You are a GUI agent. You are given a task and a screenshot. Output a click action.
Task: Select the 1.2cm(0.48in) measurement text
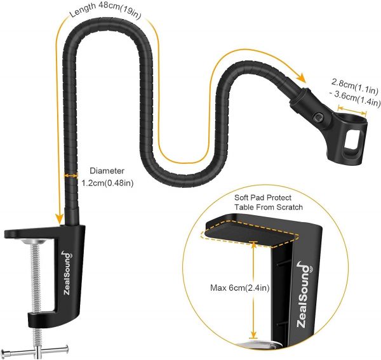(x=108, y=183)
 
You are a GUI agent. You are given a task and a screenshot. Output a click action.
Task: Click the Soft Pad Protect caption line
(x=269, y=197)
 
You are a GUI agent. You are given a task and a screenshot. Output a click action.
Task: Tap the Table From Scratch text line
(x=269, y=208)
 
